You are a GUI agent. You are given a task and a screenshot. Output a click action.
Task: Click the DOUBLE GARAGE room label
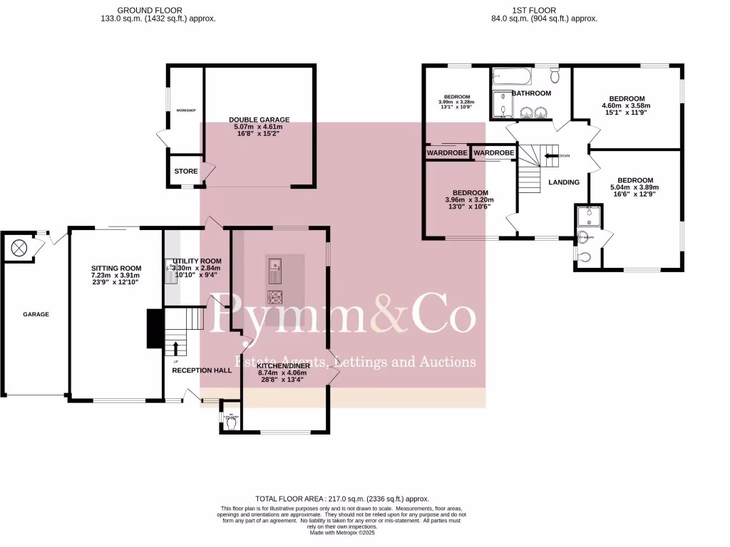click(259, 120)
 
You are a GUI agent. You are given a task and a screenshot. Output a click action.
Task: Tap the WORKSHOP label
click(186, 110)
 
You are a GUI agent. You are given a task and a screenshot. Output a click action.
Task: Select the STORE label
click(186, 172)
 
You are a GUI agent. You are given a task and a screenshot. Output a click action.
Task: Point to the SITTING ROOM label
click(115, 269)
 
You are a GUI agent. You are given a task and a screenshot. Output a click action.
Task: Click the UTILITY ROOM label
click(192, 261)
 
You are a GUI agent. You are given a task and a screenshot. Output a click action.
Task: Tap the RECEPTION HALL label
click(202, 370)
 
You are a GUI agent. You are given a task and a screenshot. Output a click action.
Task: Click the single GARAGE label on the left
click(36, 314)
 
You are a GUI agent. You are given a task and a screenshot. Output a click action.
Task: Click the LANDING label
click(563, 182)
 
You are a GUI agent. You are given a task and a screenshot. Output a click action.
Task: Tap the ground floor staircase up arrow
click(176, 348)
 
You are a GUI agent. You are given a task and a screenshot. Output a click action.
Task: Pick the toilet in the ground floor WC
click(230, 423)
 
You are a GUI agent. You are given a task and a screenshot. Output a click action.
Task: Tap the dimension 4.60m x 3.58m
click(627, 106)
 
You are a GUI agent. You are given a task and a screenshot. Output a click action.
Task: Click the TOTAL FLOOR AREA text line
click(342, 499)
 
